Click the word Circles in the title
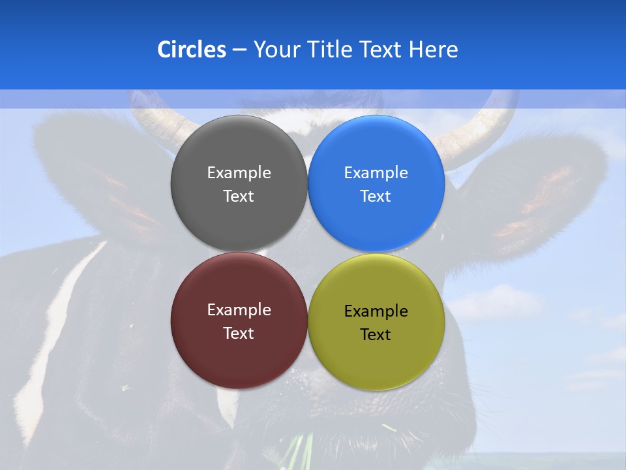coord(192,50)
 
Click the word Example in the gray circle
coord(239,173)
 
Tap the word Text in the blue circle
coord(376,196)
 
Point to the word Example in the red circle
coord(239,310)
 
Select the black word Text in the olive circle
coord(376,335)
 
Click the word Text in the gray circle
coord(239,196)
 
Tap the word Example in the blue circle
coord(376,173)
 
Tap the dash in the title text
coord(239,50)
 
